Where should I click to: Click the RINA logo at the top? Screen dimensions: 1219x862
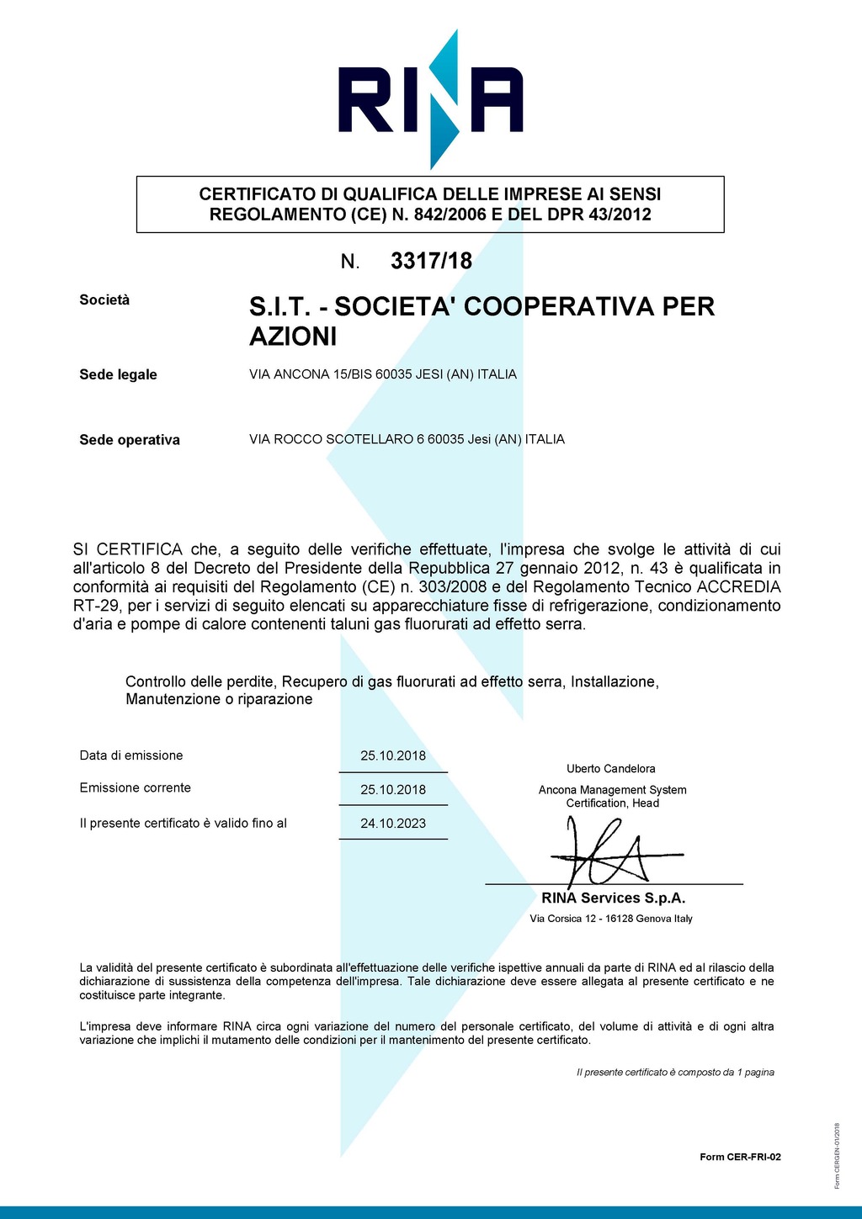[430, 99]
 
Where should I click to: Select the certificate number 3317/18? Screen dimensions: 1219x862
[431, 262]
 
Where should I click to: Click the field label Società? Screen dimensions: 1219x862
[104, 300]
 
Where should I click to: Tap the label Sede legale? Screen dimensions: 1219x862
[118, 374]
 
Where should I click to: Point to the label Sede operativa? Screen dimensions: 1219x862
[130, 440]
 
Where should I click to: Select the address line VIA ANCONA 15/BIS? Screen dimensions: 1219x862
[383, 374]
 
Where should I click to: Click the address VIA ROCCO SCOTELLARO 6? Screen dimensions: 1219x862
[407, 439]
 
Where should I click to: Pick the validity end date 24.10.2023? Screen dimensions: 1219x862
[393, 824]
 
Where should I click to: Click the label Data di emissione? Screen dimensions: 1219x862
[131, 755]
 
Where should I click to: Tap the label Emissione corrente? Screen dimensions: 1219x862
[136, 788]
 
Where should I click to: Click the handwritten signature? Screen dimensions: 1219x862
[606, 854]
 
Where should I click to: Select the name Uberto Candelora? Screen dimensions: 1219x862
[610, 769]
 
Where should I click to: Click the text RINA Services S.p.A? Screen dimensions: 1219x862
[613, 898]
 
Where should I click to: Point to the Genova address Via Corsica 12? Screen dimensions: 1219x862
[611, 919]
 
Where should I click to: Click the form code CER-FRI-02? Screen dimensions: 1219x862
[740, 1157]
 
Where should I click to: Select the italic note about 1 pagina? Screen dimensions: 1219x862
[675, 1073]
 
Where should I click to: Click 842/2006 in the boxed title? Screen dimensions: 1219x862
[450, 215]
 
